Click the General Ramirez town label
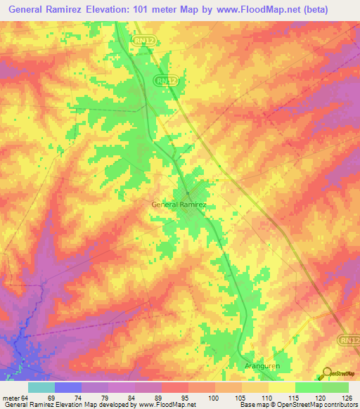coord(183,204)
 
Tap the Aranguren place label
coord(262,367)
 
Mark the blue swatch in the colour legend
coord(67,387)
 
